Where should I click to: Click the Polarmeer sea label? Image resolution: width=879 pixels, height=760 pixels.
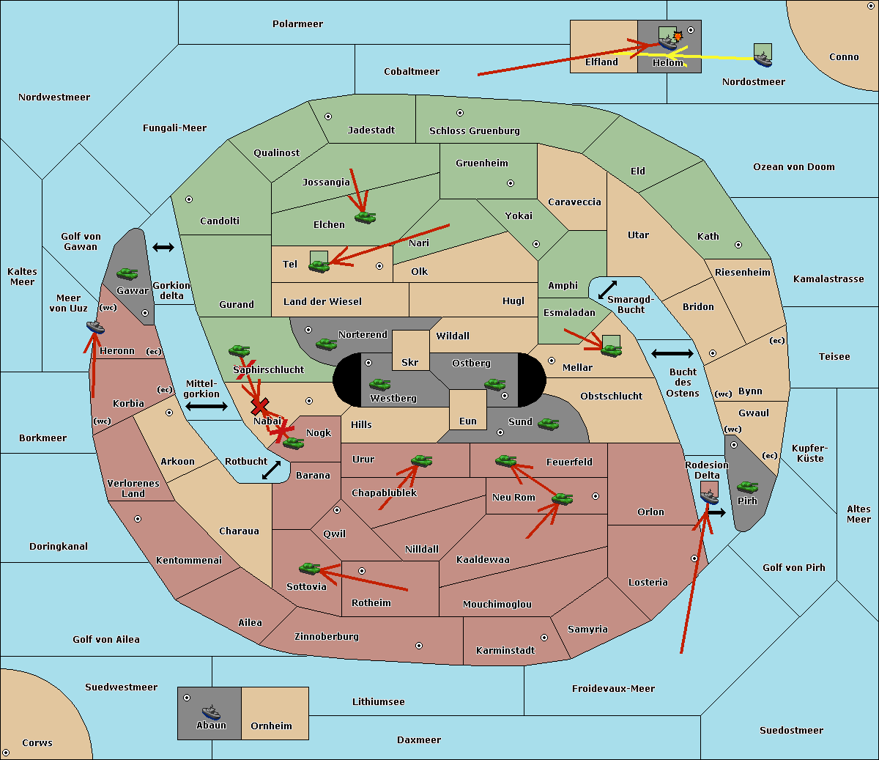coord(297,24)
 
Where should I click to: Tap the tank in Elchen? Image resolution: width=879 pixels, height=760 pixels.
coord(366,218)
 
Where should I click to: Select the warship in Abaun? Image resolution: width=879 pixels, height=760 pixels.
coord(212,712)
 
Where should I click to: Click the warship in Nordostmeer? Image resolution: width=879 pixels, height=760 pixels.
coord(763,60)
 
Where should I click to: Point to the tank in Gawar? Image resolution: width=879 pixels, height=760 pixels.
coord(127,273)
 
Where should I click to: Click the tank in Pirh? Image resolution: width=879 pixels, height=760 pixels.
coord(747,487)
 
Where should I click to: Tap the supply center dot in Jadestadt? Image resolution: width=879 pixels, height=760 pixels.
coord(328,117)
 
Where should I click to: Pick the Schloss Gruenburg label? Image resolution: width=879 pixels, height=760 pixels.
coord(475,130)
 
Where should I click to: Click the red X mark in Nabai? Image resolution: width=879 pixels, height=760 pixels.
coord(259,406)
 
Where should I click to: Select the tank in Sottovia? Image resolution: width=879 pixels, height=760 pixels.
coord(310,568)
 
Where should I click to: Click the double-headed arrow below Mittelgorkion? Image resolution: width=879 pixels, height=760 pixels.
coord(207,406)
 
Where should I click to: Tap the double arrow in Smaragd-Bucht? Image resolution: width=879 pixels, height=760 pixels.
coord(607,289)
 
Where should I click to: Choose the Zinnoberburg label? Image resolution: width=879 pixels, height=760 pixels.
coord(327,636)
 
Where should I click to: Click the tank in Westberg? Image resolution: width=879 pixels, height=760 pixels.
coord(379,384)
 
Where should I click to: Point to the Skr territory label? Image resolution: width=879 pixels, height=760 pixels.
coord(410,362)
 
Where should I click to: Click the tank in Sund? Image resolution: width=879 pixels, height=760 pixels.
coord(548,424)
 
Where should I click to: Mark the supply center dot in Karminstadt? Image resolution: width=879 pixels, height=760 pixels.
coord(544,638)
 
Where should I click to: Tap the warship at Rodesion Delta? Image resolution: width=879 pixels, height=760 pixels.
coord(709,496)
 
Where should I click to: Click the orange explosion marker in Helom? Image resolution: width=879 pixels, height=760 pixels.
coord(678,36)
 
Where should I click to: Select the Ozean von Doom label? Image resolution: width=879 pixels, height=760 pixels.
coord(794,167)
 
